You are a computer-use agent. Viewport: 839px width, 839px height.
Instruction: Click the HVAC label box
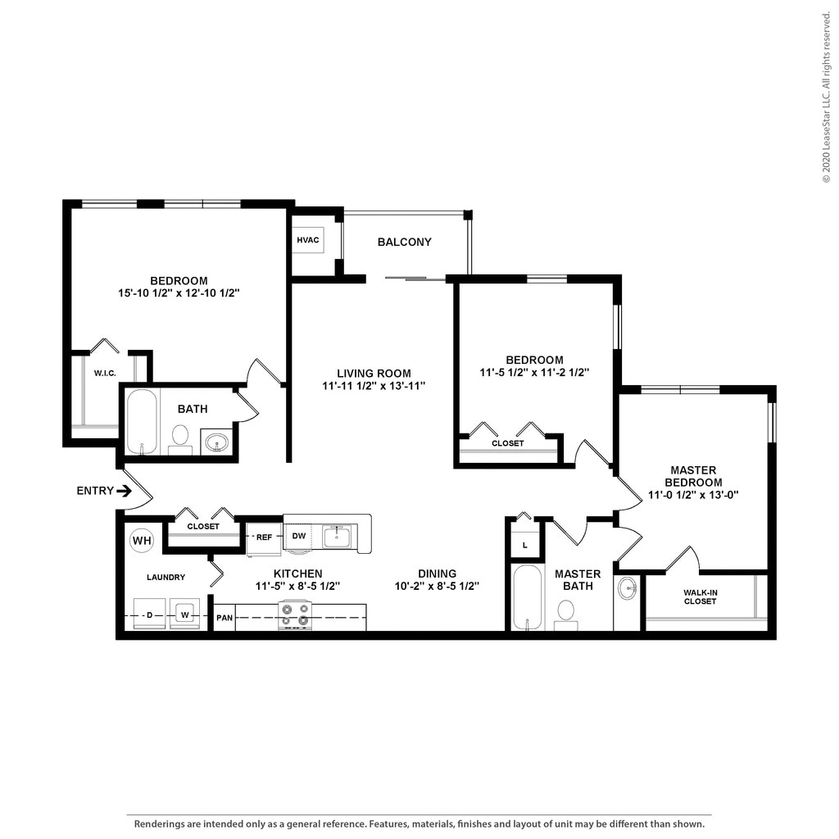tap(308, 241)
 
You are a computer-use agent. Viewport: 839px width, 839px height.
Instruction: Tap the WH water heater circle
tap(142, 541)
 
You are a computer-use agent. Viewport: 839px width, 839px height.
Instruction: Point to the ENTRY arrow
tap(124, 491)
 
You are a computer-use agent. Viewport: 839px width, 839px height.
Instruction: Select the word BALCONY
tap(404, 242)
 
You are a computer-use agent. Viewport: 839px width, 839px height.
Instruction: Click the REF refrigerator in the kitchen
tap(264, 537)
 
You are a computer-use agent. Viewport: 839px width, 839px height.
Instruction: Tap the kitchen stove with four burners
tap(295, 615)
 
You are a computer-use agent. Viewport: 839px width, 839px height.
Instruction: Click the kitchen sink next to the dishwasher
tap(337, 537)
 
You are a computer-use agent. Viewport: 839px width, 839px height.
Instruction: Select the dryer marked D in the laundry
tap(149, 615)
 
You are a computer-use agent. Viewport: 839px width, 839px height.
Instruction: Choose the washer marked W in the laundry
tap(184, 615)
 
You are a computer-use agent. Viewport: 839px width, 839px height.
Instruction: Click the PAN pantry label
tap(224, 617)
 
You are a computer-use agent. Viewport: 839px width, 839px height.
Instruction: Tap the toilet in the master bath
tap(565, 613)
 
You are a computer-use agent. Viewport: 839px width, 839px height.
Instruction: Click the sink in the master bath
tap(628, 588)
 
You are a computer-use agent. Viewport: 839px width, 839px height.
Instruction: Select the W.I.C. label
tap(104, 374)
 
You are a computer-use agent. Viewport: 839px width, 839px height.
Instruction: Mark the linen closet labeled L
tap(524, 544)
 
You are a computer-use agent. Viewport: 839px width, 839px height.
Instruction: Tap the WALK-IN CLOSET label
tap(700, 596)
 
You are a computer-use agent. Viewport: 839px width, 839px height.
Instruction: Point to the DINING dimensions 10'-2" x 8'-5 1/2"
tap(436, 586)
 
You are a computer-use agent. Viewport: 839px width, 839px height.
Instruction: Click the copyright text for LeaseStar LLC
tap(827, 99)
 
